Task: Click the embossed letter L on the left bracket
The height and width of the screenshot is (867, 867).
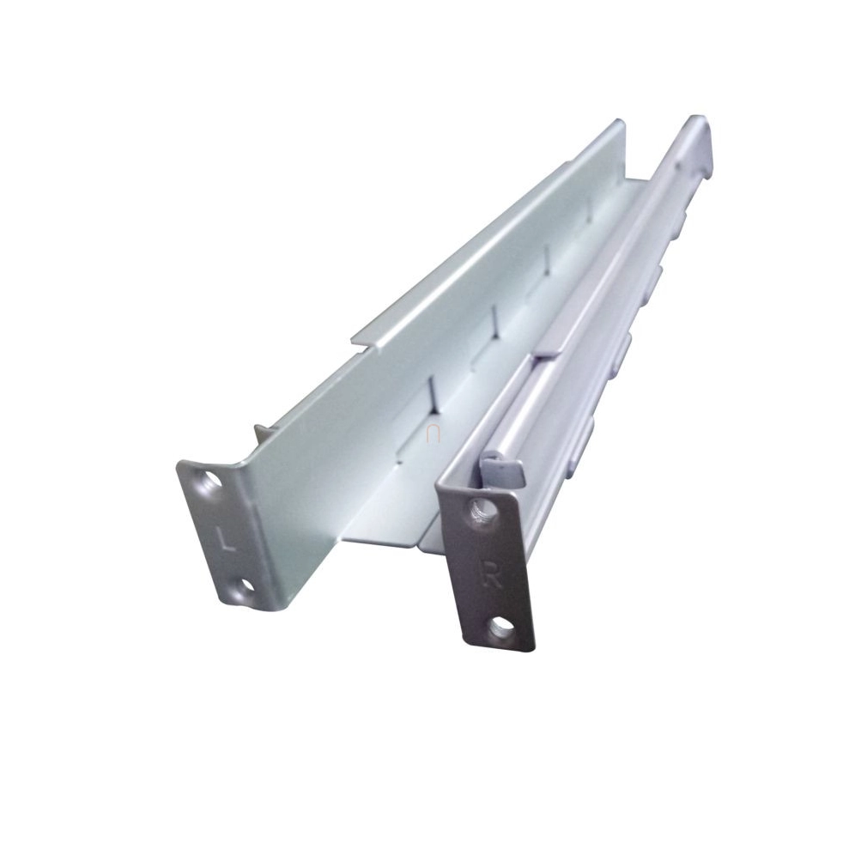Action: (x=226, y=538)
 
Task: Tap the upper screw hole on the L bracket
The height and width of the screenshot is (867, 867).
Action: (x=209, y=479)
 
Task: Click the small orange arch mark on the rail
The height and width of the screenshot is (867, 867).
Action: (x=433, y=434)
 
